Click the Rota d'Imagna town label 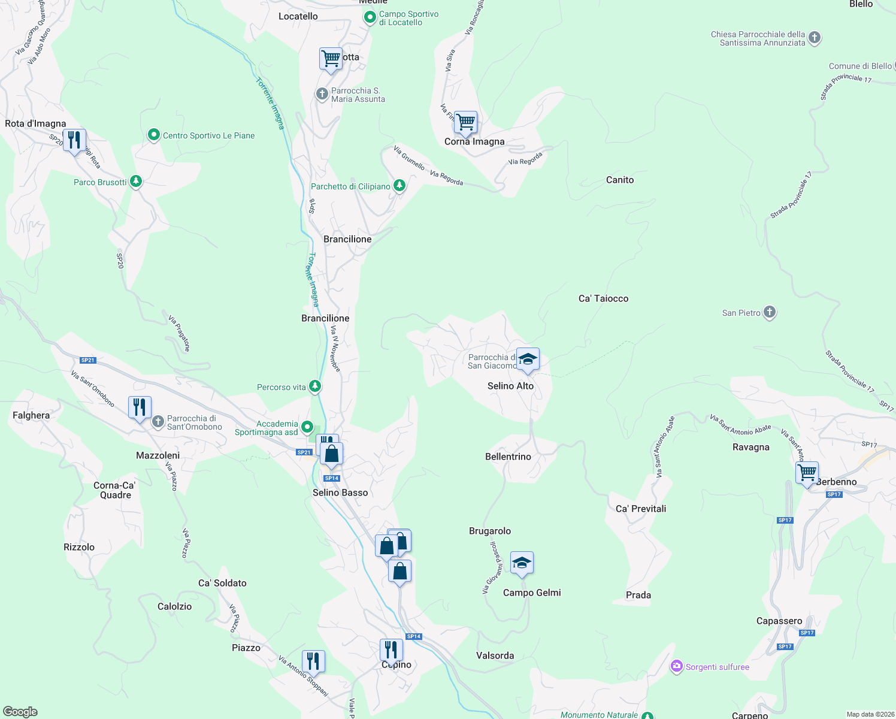click(x=35, y=124)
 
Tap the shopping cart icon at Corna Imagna click(x=465, y=123)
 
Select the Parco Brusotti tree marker click(x=136, y=182)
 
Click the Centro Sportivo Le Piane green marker click(x=154, y=135)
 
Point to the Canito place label click(x=619, y=180)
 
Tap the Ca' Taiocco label click(x=603, y=298)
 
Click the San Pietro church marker click(x=770, y=312)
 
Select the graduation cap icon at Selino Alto click(x=527, y=359)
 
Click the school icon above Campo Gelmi click(x=522, y=563)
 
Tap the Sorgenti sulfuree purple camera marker click(x=677, y=666)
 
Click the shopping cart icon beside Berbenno click(x=807, y=473)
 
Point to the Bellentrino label click(x=508, y=457)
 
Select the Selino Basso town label click(x=340, y=493)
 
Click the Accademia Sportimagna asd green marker click(x=307, y=427)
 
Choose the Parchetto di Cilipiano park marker click(x=399, y=186)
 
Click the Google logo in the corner click(x=20, y=712)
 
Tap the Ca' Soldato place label click(x=222, y=583)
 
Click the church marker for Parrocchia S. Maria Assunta click(x=322, y=93)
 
